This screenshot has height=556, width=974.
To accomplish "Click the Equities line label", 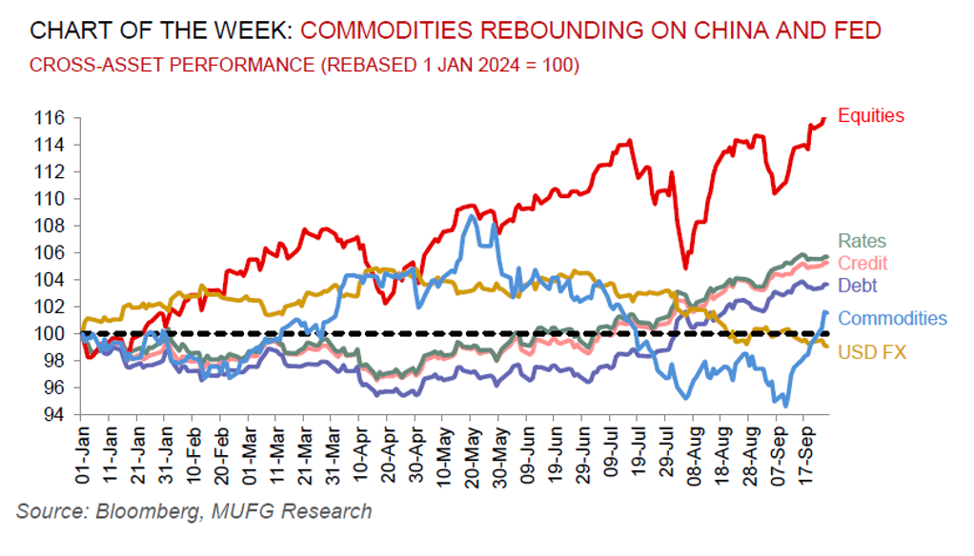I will click(871, 116).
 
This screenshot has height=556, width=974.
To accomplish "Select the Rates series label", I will click(862, 242).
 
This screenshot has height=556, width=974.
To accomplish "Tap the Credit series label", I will click(862, 263).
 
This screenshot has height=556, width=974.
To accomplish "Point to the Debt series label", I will click(858, 285).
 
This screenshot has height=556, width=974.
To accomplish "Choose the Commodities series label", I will click(892, 318).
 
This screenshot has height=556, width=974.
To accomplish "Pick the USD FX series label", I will click(872, 352).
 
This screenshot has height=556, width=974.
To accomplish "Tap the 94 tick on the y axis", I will click(55, 415).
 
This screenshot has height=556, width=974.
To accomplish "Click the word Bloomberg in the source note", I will click(137, 511).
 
